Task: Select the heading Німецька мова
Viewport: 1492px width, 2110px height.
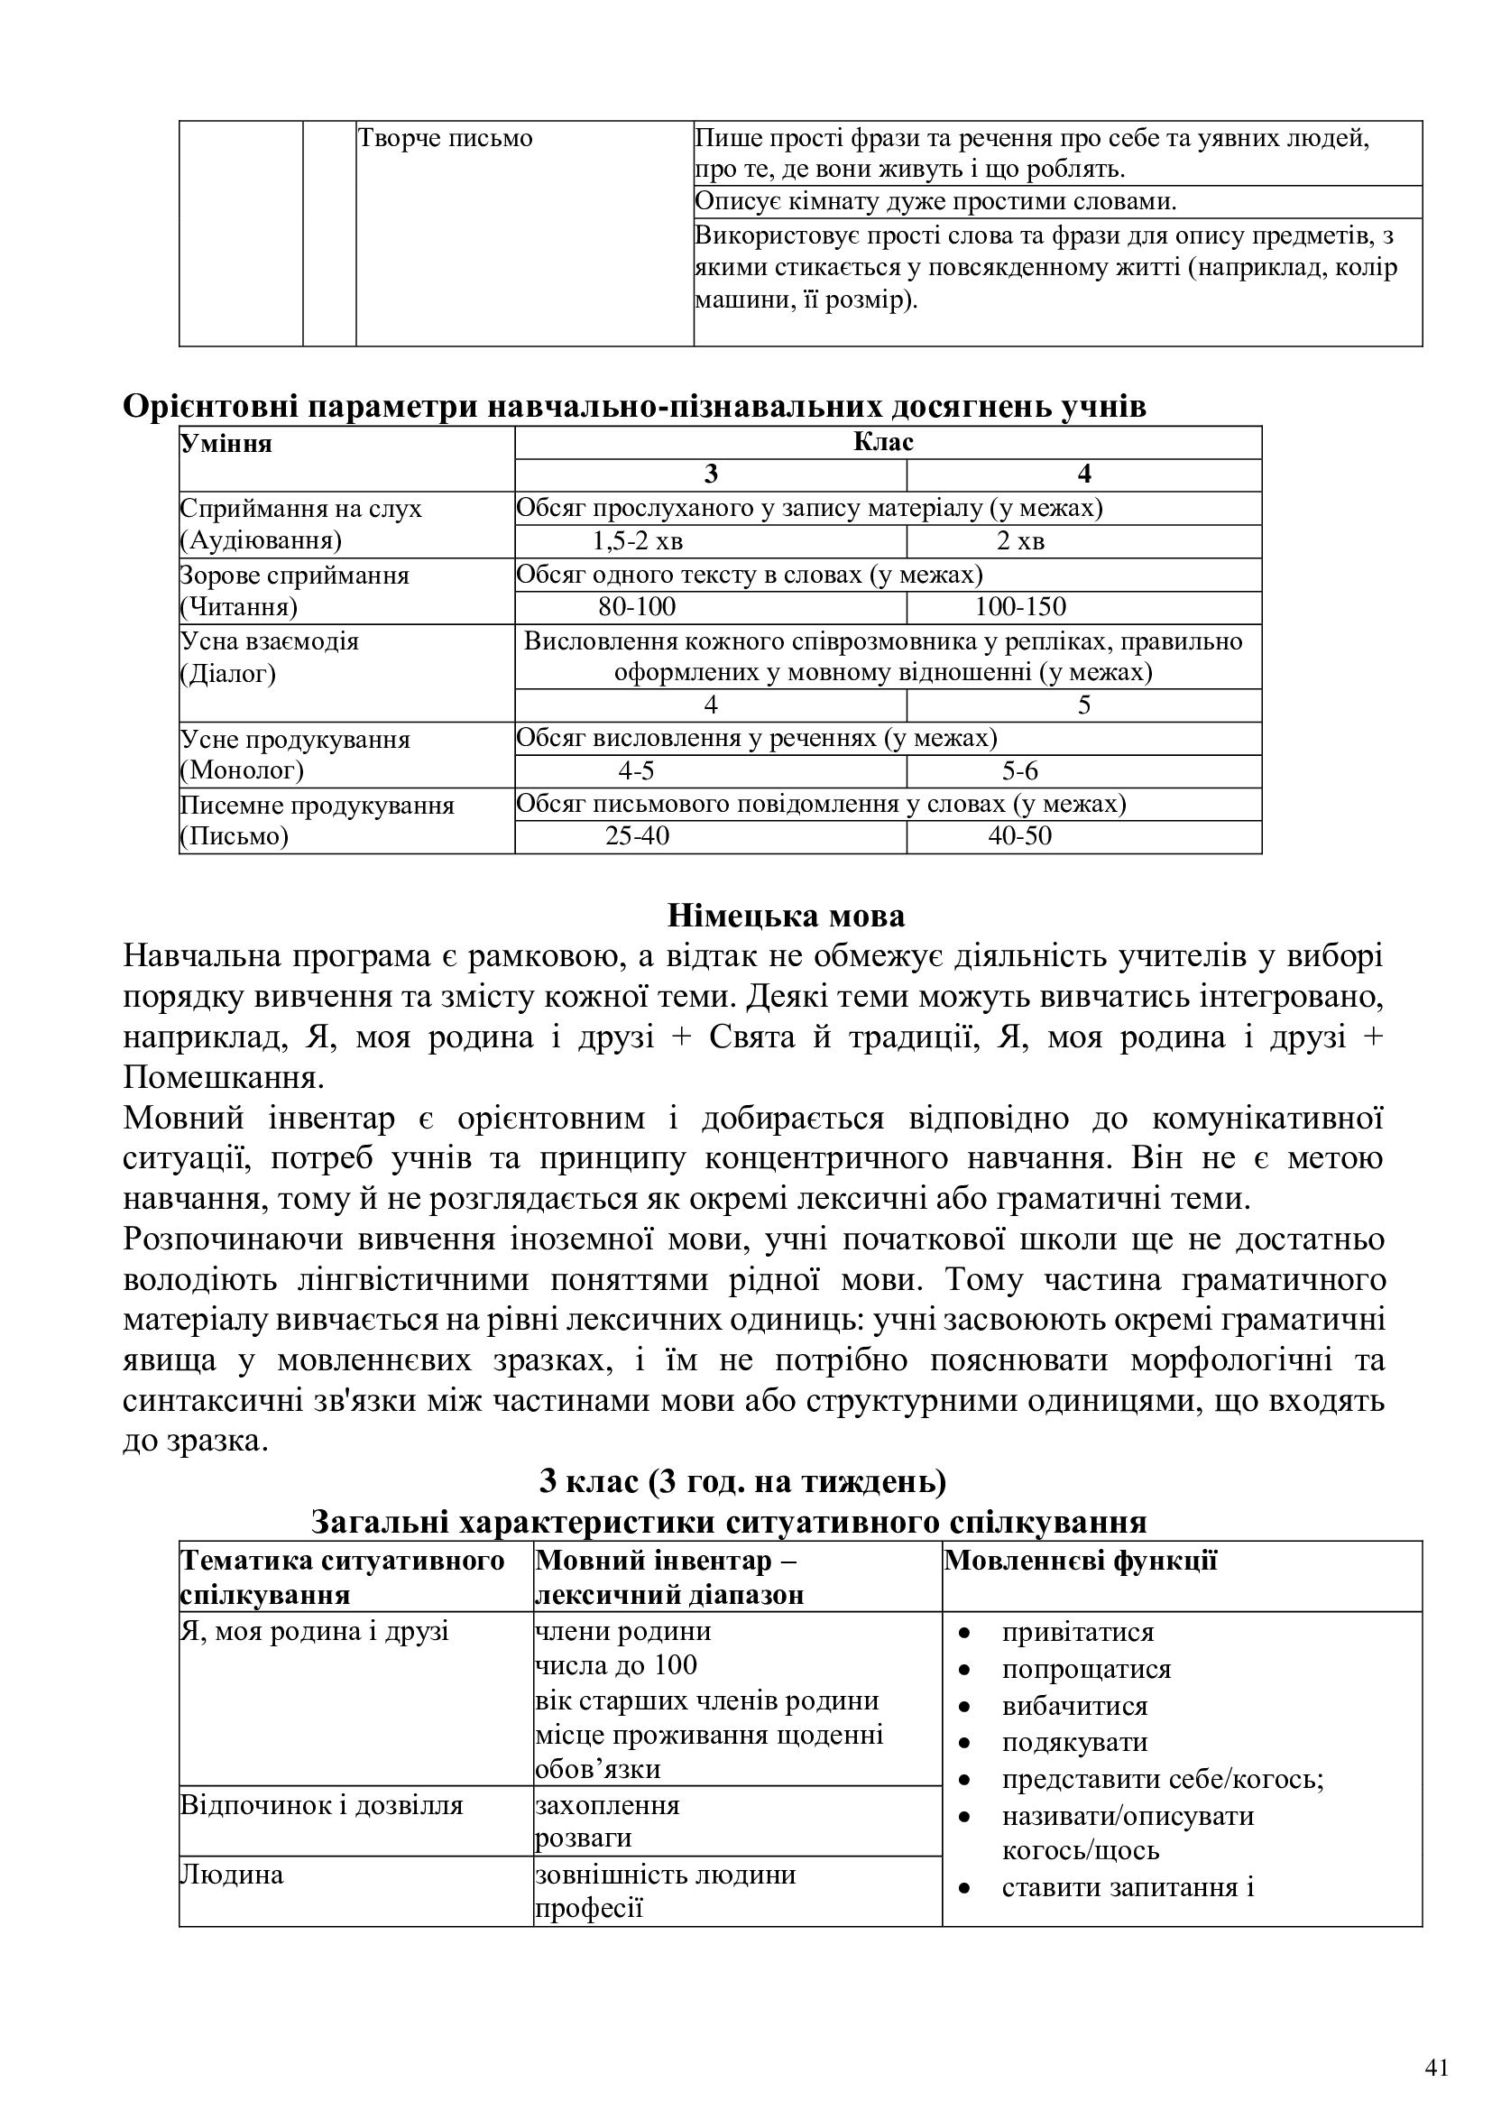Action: click(x=786, y=917)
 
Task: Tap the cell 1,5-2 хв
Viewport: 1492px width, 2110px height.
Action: click(x=638, y=541)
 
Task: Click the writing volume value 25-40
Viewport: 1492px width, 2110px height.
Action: click(x=637, y=836)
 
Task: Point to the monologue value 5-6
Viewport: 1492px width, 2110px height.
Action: click(x=1020, y=771)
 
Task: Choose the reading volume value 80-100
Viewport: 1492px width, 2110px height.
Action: click(x=637, y=607)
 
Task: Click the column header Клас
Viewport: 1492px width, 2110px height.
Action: click(x=883, y=443)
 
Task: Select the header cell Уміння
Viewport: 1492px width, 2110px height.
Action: click(x=227, y=445)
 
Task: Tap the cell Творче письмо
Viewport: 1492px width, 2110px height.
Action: click(x=445, y=139)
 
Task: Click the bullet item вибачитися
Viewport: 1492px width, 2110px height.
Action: click(x=1074, y=1707)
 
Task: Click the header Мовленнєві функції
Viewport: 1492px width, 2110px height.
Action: click(x=1081, y=1562)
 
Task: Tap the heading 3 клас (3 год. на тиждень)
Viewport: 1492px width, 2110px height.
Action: click(x=742, y=1481)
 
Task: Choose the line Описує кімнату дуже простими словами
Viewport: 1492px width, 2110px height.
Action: click(x=935, y=202)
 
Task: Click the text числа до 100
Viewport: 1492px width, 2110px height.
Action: click(x=615, y=1665)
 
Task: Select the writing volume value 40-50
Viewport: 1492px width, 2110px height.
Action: click(x=1020, y=836)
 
